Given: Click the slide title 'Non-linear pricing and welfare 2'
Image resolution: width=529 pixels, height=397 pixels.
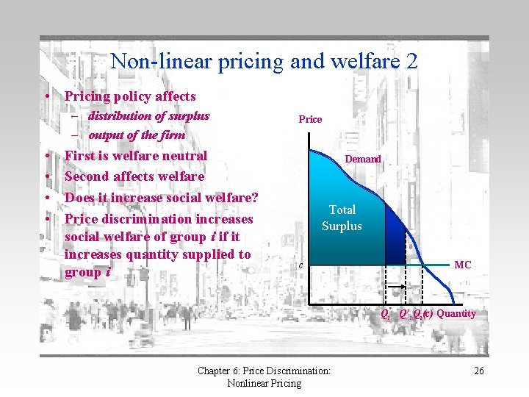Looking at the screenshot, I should click(264, 60).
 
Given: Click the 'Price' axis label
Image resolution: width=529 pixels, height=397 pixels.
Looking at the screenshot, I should click(310, 119).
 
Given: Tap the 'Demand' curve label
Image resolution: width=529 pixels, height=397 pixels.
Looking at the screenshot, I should click(364, 159).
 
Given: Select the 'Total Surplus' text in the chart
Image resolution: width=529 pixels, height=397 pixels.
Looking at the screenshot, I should click(342, 218).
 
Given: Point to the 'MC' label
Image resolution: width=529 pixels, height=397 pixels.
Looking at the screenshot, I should click(463, 265).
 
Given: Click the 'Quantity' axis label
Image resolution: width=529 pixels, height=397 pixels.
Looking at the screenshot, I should click(456, 313).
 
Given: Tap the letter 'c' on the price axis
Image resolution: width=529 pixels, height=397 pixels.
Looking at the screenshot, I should click(301, 265).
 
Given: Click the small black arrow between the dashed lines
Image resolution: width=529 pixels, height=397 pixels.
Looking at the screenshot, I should click(397, 285).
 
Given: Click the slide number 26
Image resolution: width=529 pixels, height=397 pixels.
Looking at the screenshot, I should click(478, 371).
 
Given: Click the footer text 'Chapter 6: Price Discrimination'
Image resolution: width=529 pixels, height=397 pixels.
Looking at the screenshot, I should click(264, 371).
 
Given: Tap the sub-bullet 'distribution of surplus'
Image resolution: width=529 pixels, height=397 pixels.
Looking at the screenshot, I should click(148, 115).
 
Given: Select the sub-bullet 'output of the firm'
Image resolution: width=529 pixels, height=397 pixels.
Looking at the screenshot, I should click(137, 135).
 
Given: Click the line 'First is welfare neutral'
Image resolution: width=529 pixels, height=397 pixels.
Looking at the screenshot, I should click(136, 155).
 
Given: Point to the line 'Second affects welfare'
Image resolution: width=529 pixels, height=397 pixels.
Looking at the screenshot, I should click(134, 176).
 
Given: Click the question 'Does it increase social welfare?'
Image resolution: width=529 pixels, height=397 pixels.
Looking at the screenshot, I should click(162, 197).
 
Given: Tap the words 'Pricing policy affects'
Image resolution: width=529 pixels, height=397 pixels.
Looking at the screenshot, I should click(130, 96).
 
